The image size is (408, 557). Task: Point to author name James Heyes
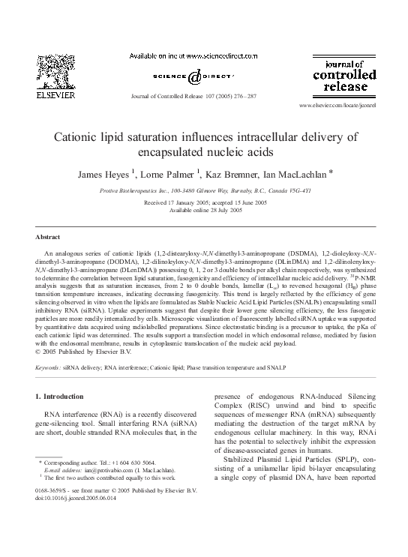click(x=104, y=174)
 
